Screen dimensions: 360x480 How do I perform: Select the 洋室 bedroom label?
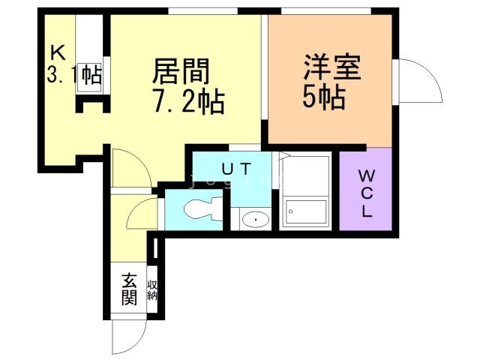pos(332,67)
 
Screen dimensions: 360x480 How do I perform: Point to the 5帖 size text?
pos(324,97)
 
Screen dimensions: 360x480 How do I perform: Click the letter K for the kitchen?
pos(57,52)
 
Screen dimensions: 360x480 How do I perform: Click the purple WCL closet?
pos(365,190)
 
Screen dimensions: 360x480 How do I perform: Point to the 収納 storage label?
pos(152,289)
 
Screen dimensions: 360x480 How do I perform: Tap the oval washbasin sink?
pos(257,219)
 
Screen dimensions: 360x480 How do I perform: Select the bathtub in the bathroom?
pos(304,213)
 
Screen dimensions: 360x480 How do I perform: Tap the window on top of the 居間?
pos(202,10)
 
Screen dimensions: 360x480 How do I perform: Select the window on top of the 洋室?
pos(326,10)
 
